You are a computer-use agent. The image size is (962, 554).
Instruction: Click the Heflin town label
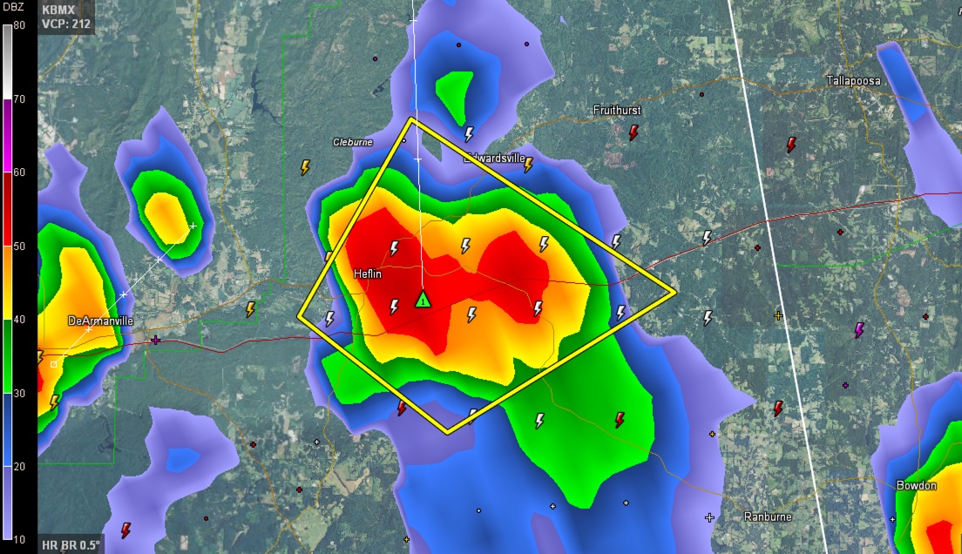tap(368, 274)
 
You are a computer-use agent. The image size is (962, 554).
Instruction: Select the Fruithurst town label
tap(617, 110)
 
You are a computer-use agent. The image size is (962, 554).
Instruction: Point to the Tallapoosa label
tap(853, 81)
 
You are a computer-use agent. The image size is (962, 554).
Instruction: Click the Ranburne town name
tap(768, 517)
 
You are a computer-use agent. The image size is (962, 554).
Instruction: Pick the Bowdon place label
tap(916, 485)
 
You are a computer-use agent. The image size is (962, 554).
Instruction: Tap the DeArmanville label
tap(100, 321)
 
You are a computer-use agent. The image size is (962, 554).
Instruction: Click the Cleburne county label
tap(353, 142)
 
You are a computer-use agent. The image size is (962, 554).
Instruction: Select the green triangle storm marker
tap(423, 301)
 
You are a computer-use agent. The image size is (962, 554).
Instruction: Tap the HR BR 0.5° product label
tap(71, 545)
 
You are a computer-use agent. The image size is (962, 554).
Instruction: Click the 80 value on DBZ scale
tap(19, 24)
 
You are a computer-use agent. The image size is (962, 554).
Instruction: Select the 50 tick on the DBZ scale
tap(19, 246)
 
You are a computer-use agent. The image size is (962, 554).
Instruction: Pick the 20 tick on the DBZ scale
tap(19, 467)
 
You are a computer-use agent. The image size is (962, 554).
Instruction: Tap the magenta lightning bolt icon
tap(859, 329)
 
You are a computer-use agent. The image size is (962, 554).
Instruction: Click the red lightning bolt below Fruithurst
tap(634, 132)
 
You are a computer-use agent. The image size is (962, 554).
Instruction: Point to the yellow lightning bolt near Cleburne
tap(306, 166)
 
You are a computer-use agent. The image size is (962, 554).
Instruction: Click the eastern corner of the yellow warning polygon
tap(675, 292)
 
